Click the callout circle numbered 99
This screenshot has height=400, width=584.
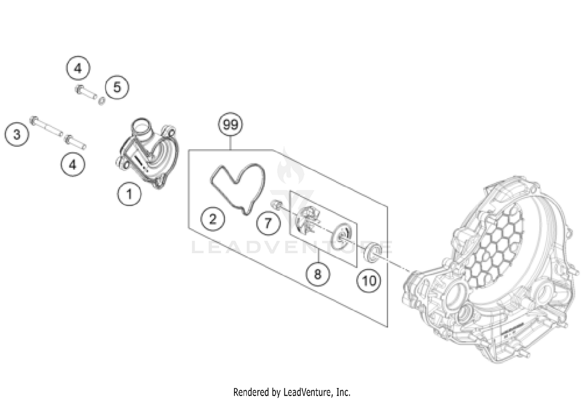click(230, 125)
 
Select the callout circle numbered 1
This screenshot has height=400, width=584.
click(129, 194)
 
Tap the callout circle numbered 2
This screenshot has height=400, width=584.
click(213, 219)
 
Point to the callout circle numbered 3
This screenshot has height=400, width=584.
click(17, 135)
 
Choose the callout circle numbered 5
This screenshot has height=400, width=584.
click(117, 87)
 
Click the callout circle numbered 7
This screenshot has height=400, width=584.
click(268, 223)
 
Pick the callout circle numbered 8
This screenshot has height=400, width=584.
click(317, 274)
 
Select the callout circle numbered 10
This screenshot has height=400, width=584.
click(369, 280)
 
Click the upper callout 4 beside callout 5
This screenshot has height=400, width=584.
click(78, 69)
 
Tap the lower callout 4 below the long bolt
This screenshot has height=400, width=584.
click(73, 165)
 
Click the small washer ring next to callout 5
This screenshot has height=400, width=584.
click(102, 101)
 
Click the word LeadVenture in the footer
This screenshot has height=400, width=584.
click(308, 391)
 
